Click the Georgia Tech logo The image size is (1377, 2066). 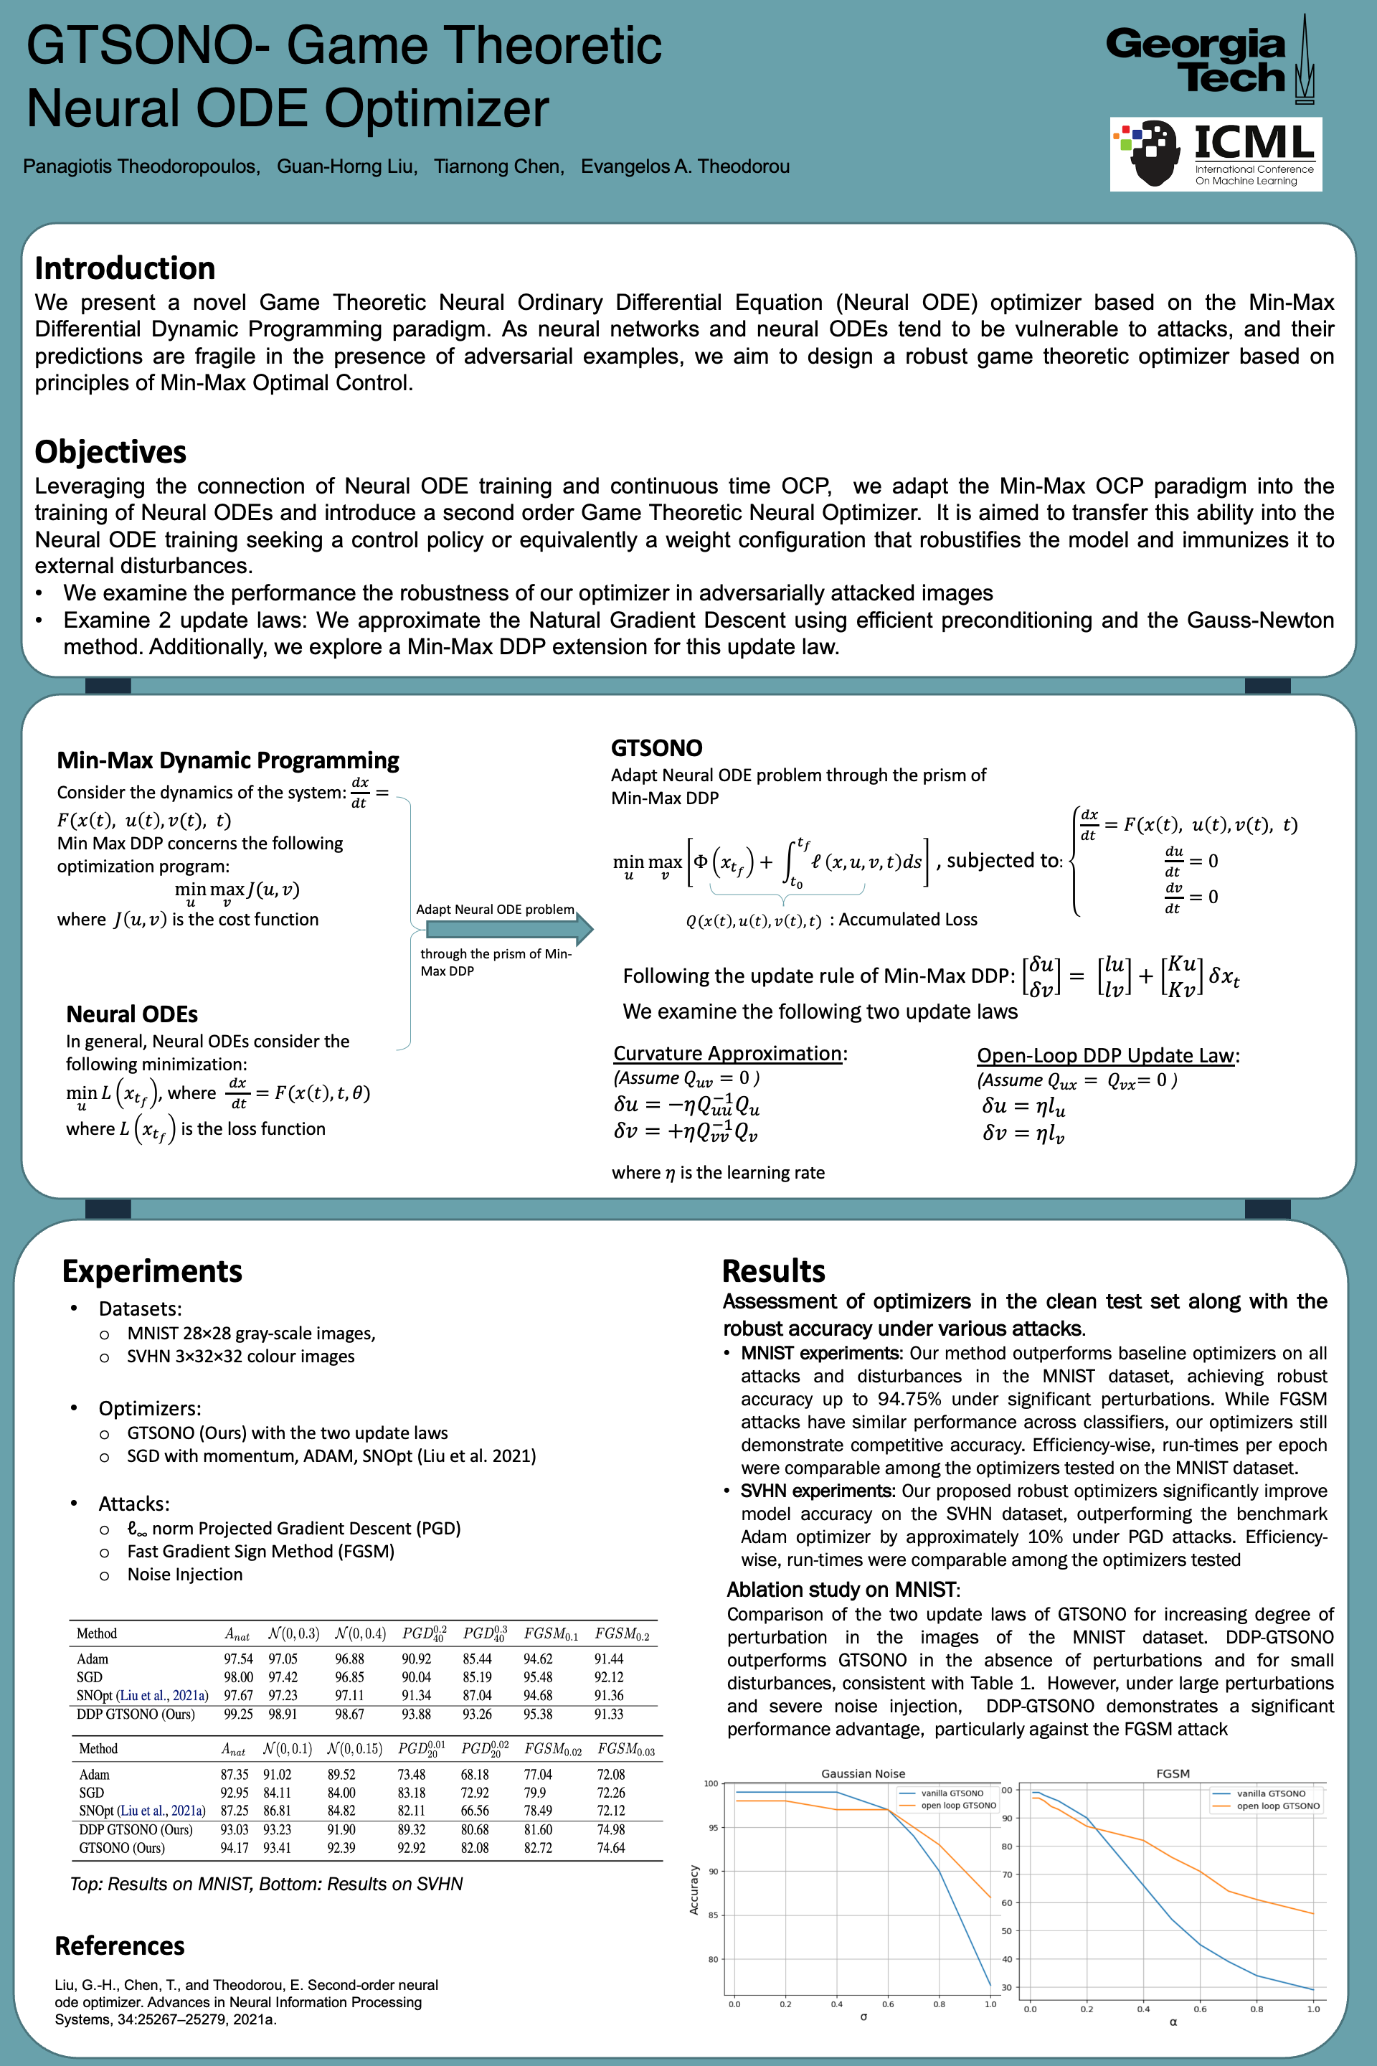1210,60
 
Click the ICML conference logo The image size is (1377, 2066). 1216,155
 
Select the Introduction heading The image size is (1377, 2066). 125,268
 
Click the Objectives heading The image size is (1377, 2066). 110,451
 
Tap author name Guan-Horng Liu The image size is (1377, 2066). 347,167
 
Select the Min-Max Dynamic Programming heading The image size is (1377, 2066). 227,760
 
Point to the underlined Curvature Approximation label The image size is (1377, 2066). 728,1053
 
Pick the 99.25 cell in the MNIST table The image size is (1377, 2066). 238,1714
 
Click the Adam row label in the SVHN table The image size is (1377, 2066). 94,1774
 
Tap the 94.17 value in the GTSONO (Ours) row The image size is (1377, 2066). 235,1847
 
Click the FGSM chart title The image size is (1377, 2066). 1173,1773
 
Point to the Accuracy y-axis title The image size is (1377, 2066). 694,1890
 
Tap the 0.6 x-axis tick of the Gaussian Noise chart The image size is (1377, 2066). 888,2004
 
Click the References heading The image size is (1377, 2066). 120,1945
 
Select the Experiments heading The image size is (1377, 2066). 152,1271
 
